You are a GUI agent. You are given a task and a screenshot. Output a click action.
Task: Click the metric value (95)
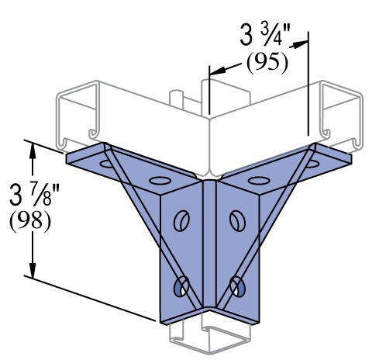[267, 63]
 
